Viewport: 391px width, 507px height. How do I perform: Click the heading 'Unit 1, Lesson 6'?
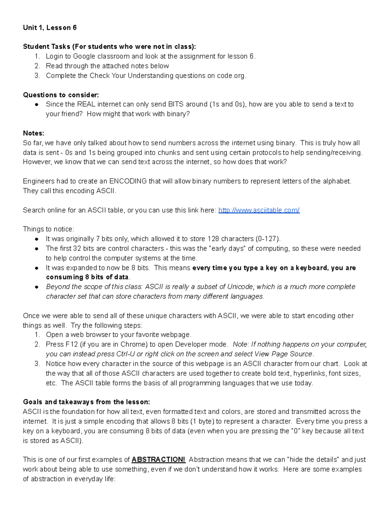pos(50,28)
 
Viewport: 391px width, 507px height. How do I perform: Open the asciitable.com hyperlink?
pos(259,210)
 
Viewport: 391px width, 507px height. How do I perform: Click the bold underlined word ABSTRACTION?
pos(158,460)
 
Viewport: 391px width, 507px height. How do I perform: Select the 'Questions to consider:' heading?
pos(61,95)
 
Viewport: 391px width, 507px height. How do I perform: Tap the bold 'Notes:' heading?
pos(33,133)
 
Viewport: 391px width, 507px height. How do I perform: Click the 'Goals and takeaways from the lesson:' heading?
pos(86,402)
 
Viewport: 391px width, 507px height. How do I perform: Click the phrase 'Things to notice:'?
pos(49,229)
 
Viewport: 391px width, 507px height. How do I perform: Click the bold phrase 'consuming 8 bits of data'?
pos(88,277)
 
